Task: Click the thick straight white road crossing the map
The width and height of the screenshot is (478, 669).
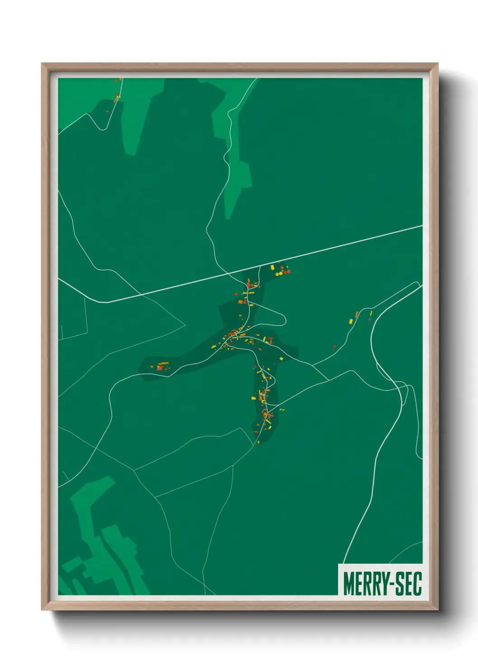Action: pyautogui.click(x=316, y=251)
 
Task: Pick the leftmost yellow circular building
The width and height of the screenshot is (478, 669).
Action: pyautogui.click(x=276, y=274)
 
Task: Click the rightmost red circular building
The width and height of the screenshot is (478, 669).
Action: pyautogui.click(x=288, y=272)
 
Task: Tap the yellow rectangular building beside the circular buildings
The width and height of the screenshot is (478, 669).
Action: pyautogui.click(x=272, y=268)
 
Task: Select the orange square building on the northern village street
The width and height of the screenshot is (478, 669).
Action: pyautogui.click(x=240, y=302)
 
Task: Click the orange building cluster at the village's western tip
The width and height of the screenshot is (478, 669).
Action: pyautogui.click(x=162, y=366)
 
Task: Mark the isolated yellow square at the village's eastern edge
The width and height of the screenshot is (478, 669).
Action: pyautogui.click(x=281, y=359)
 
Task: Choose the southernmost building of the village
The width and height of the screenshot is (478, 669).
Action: pyautogui.click(x=258, y=443)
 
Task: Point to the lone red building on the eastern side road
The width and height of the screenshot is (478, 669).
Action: pyautogui.click(x=334, y=347)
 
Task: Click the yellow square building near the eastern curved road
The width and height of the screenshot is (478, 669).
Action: pyautogui.click(x=351, y=321)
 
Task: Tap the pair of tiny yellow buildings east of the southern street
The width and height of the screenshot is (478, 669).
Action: pyautogui.click(x=282, y=410)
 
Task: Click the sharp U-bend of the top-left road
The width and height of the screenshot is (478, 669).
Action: pyautogui.click(x=103, y=128)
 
